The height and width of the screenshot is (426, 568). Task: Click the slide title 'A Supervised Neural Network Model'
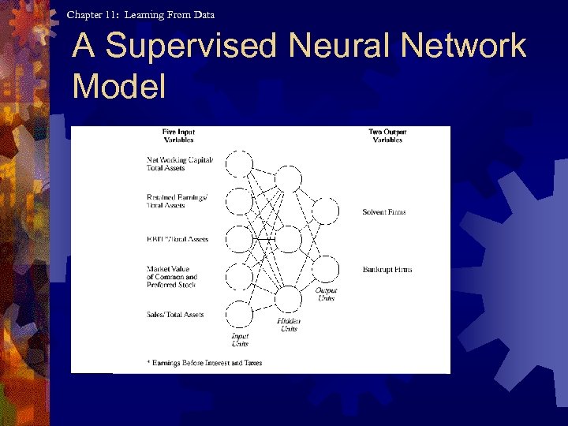point(298,65)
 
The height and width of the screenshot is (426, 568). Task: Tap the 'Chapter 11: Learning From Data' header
point(140,14)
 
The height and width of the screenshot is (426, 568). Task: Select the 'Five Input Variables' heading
point(178,136)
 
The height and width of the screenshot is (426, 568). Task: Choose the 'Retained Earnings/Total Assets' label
point(177,200)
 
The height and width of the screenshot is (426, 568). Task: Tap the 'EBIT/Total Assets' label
point(177,239)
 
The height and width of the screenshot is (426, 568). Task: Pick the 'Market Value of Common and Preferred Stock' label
point(172,277)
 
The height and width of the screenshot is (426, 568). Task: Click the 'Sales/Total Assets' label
point(175,315)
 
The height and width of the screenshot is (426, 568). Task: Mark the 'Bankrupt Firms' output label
point(387,270)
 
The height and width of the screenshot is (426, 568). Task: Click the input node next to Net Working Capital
point(240,164)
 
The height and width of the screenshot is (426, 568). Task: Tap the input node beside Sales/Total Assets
point(240,315)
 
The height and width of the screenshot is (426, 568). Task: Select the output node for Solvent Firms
point(325,211)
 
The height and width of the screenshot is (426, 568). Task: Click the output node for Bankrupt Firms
point(325,270)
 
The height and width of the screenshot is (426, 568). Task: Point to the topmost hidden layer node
point(289,179)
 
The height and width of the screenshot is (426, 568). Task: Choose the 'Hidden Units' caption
point(288,324)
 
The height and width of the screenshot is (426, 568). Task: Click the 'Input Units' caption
point(240,339)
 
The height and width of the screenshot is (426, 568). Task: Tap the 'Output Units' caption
point(326,294)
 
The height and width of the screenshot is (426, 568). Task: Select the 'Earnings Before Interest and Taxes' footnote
point(205,363)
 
